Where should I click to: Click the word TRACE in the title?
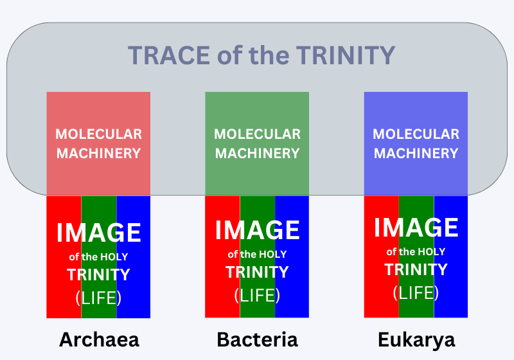(x=169, y=55)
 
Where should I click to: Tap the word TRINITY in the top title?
(x=346, y=55)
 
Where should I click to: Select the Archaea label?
(x=99, y=339)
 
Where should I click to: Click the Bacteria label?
(x=258, y=339)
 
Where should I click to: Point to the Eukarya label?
(x=416, y=341)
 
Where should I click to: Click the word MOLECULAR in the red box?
(x=99, y=134)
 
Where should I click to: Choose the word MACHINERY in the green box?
(x=258, y=154)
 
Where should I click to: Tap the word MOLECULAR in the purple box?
(x=416, y=134)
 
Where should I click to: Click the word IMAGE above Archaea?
(x=99, y=233)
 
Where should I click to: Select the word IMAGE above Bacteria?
(x=258, y=230)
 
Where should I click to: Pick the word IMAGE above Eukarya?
(x=416, y=228)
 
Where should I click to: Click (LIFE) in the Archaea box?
(x=98, y=298)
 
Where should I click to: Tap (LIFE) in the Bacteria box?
(x=257, y=296)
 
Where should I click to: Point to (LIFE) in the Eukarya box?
(x=416, y=292)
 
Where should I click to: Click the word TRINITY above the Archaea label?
(x=99, y=274)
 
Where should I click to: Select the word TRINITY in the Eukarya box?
(x=416, y=269)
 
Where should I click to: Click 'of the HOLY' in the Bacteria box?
(x=258, y=255)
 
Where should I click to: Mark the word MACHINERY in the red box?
(x=99, y=154)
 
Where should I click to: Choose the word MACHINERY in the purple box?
(x=416, y=154)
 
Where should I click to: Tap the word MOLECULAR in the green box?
(x=258, y=134)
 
